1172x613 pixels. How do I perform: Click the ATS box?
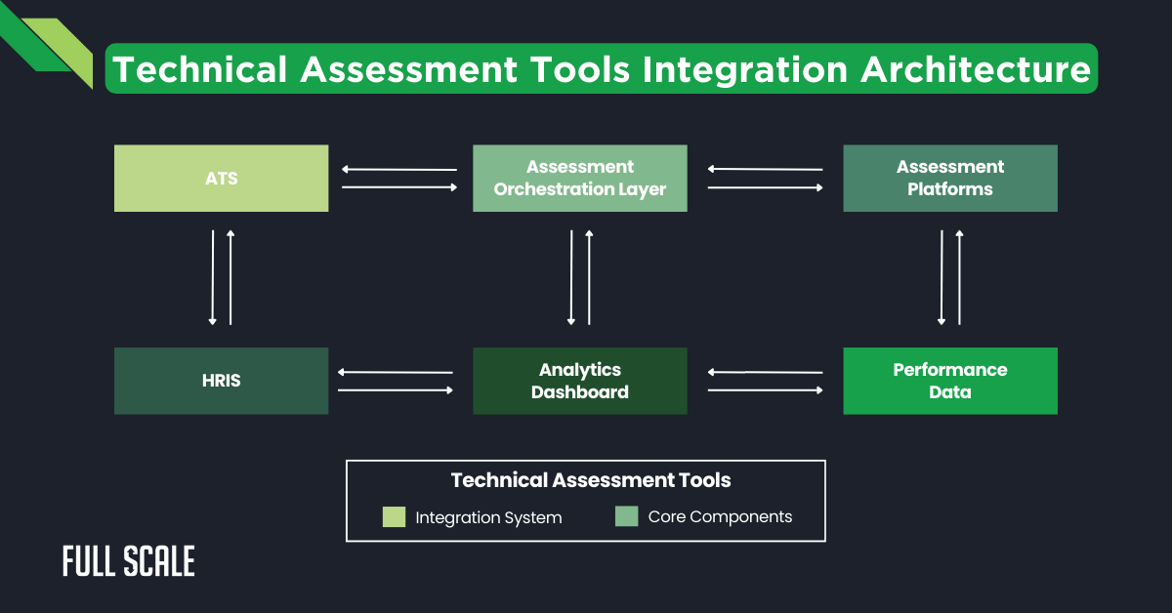221,179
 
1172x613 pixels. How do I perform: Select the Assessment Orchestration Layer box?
579,179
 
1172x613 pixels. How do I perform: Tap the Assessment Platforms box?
949,179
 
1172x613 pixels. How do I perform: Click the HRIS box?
221,381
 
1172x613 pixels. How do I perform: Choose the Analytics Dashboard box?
579,381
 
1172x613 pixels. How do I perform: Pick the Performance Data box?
949,381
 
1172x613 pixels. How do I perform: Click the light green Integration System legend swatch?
394,517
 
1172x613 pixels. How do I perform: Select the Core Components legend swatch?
626,517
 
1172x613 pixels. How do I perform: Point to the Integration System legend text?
488,517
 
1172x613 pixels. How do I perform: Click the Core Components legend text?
720,517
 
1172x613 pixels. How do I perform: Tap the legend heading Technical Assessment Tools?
590,480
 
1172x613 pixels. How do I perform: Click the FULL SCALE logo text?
128,561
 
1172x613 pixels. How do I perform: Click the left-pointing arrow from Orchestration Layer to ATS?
399,170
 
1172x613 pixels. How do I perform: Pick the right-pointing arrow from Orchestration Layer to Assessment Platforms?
765,187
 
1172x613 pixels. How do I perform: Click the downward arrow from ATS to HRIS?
212,277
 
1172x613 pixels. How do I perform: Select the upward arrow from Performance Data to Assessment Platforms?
959,277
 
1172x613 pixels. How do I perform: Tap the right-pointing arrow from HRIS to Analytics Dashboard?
396,389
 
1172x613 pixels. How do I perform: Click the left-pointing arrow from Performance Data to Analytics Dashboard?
765,372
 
